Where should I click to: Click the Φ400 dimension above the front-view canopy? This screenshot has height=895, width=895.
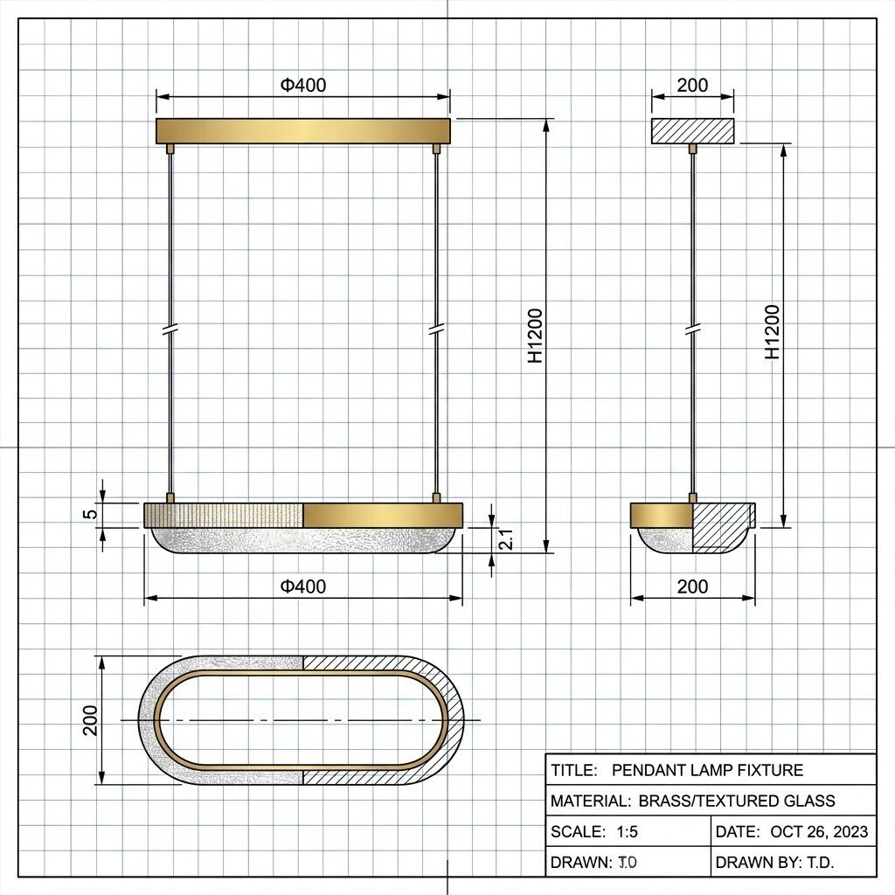[303, 85]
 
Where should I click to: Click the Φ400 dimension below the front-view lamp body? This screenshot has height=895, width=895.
[303, 586]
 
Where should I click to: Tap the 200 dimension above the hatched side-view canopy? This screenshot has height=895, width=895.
[692, 85]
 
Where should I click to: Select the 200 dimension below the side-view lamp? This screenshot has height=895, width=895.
[692, 586]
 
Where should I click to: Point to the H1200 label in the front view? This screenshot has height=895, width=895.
[535, 336]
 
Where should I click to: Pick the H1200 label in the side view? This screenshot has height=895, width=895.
[772, 332]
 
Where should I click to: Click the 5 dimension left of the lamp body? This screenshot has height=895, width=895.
[91, 514]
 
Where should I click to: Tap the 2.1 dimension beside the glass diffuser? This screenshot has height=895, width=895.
[506, 539]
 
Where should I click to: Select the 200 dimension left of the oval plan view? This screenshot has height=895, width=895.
[90, 720]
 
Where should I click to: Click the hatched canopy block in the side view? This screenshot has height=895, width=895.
[693, 131]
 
